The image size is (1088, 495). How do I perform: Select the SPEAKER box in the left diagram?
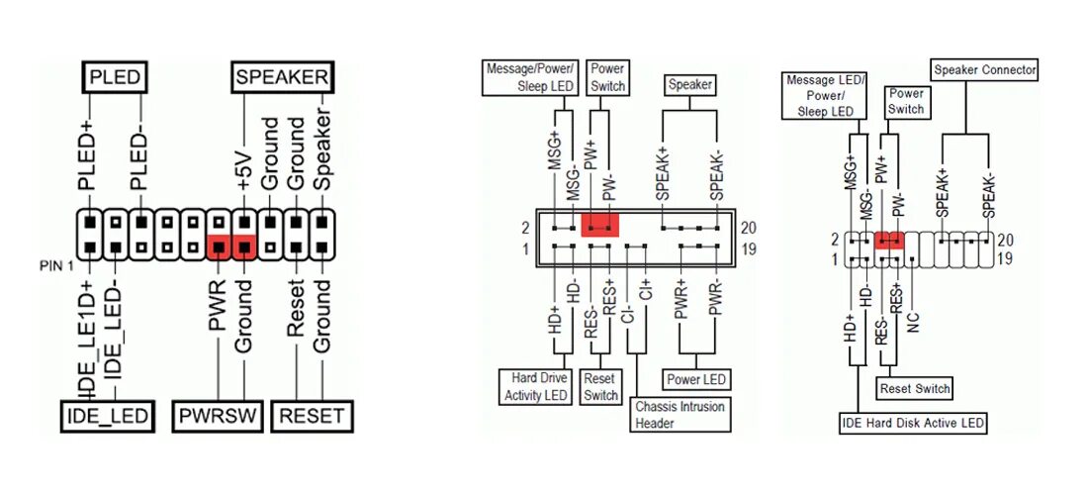coord(282,76)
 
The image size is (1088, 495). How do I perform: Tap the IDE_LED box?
coord(108,416)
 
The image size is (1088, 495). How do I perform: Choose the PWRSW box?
coord(220,416)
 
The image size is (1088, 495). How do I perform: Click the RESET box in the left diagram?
coord(312,416)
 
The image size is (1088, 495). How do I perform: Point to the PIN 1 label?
coord(55,265)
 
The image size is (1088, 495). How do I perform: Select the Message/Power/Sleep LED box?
coord(530,77)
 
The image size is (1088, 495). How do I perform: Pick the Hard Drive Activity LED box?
coord(537,387)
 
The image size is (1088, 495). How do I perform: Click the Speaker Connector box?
coord(985,70)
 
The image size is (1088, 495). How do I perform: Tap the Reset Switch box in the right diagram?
coord(915,388)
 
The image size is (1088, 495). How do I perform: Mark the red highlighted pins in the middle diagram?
coord(599,225)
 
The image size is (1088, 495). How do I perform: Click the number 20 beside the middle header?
coord(748,228)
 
